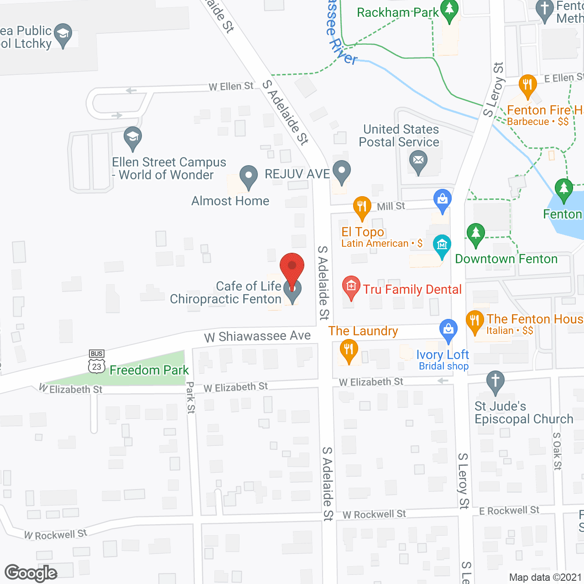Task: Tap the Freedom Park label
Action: [x=149, y=370]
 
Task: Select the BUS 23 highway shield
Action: [x=97, y=362]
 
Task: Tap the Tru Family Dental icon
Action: [x=351, y=287]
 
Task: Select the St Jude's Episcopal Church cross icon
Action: [x=495, y=381]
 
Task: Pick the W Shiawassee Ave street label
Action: [x=257, y=337]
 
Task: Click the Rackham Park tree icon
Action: [x=449, y=10]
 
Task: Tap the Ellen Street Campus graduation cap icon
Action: [x=133, y=137]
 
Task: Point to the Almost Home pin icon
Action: [x=248, y=176]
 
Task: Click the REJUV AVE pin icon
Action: [x=341, y=172]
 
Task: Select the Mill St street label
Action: [x=391, y=206]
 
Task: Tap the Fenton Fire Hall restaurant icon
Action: [x=527, y=85]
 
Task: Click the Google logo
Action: [x=31, y=573]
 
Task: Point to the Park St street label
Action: [x=191, y=398]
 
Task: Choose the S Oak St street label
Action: [x=557, y=451]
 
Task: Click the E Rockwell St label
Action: [x=509, y=511]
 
